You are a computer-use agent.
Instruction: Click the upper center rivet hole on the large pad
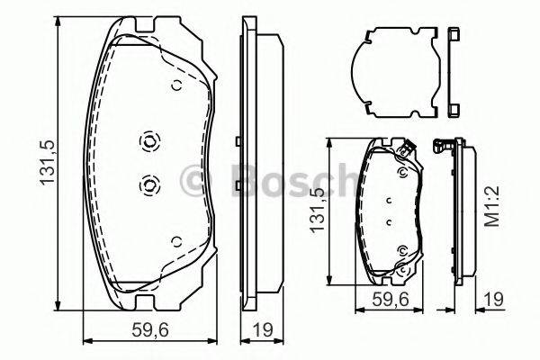[x=148, y=141]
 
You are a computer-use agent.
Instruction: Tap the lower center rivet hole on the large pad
[x=148, y=184]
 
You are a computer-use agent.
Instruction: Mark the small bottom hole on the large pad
[x=176, y=240]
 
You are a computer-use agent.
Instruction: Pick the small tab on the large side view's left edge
[x=236, y=140]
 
